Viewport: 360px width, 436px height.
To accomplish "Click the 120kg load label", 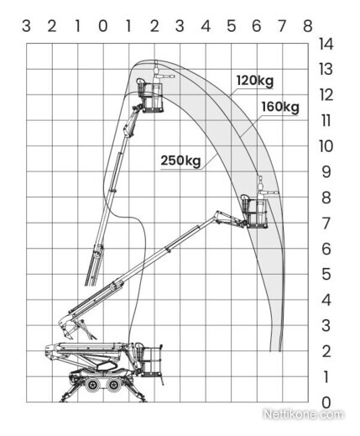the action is [x=255, y=81].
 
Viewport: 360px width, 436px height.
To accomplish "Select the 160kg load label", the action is [x=280, y=107].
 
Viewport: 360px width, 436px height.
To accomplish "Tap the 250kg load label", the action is [x=180, y=160].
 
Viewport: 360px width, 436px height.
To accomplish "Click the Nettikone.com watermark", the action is [x=303, y=414].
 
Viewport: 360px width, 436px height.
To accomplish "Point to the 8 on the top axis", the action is [x=308, y=26].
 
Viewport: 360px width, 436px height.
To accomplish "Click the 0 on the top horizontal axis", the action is [x=103, y=26].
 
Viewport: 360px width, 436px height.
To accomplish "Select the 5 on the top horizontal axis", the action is [x=232, y=26].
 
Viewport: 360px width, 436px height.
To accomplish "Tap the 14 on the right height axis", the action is [x=326, y=44].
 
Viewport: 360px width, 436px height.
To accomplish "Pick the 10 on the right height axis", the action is [x=326, y=146].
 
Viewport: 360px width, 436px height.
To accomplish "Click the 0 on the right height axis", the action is [x=326, y=402].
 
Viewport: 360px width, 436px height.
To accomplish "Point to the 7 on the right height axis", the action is [x=326, y=223].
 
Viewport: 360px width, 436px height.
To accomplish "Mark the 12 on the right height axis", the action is [x=326, y=95].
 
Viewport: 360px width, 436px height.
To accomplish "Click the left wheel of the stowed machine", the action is [x=91, y=385].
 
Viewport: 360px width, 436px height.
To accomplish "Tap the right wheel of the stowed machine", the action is [x=113, y=385].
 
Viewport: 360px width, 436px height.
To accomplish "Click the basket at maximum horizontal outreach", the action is [x=256, y=213].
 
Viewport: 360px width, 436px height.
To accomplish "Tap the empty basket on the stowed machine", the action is [x=153, y=360].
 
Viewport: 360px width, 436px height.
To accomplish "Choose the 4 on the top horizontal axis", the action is [x=206, y=26].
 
